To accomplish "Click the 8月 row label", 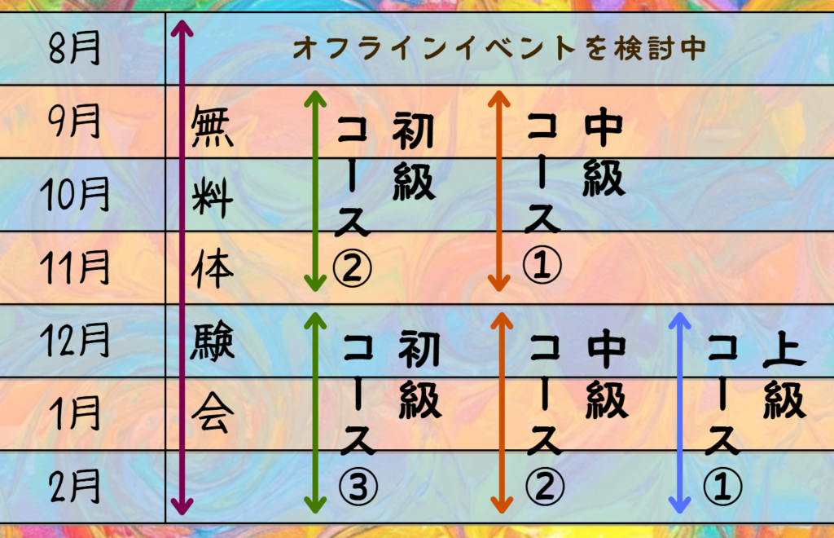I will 75,49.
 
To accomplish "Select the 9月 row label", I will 75,122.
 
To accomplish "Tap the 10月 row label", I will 75,196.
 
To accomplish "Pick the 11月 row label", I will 75,268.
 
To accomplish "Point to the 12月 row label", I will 75,341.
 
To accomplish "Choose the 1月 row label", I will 75,413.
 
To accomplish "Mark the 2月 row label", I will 75,487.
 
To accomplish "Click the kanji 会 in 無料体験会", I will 212,415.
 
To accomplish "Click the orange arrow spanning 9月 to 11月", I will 498,192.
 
